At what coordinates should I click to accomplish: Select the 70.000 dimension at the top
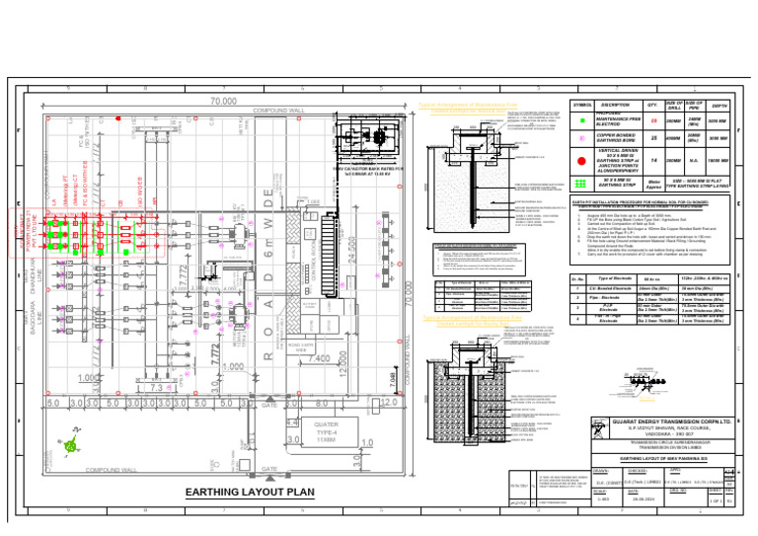(x=223, y=102)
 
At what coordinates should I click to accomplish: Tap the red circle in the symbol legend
(x=581, y=161)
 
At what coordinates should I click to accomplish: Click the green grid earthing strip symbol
(x=581, y=181)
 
